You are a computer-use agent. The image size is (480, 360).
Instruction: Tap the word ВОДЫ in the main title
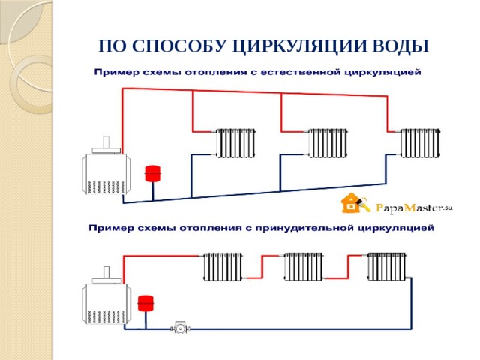coord(403,46)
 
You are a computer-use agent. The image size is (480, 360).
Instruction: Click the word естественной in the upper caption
coord(299,73)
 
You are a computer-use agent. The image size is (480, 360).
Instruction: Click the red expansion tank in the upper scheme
coord(153,172)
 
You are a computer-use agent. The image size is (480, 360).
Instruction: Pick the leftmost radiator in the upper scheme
coord(236,142)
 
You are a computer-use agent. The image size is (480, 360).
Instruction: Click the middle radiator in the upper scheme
coord(328,142)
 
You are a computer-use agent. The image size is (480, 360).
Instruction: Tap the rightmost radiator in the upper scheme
coord(420,142)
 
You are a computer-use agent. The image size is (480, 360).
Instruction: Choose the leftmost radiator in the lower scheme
coord(223,267)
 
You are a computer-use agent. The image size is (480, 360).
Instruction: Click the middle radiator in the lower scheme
coord(304,267)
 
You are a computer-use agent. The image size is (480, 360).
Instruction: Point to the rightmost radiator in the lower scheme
coord(387,267)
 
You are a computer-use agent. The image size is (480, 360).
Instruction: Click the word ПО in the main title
coord(110,46)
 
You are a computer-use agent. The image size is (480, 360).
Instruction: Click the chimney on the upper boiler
coord(107,142)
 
